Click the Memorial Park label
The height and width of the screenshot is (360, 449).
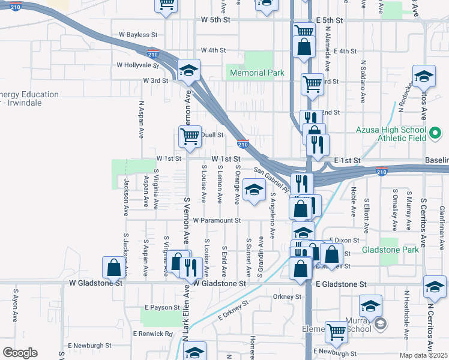tap(257, 73)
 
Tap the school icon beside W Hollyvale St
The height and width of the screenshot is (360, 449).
tap(188, 71)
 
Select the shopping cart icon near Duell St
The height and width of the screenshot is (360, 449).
tap(190, 136)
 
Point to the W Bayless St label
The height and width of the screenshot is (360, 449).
tap(137, 35)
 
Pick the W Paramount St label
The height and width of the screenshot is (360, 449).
tap(217, 220)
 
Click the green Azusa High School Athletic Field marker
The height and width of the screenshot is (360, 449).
tap(437, 131)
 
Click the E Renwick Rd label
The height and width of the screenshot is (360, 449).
tap(153, 334)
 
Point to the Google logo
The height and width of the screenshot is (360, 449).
tap(20, 353)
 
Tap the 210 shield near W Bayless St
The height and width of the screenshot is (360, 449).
tap(153, 53)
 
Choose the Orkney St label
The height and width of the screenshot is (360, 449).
tap(286, 296)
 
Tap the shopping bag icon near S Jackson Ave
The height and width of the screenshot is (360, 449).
tap(113, 268)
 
